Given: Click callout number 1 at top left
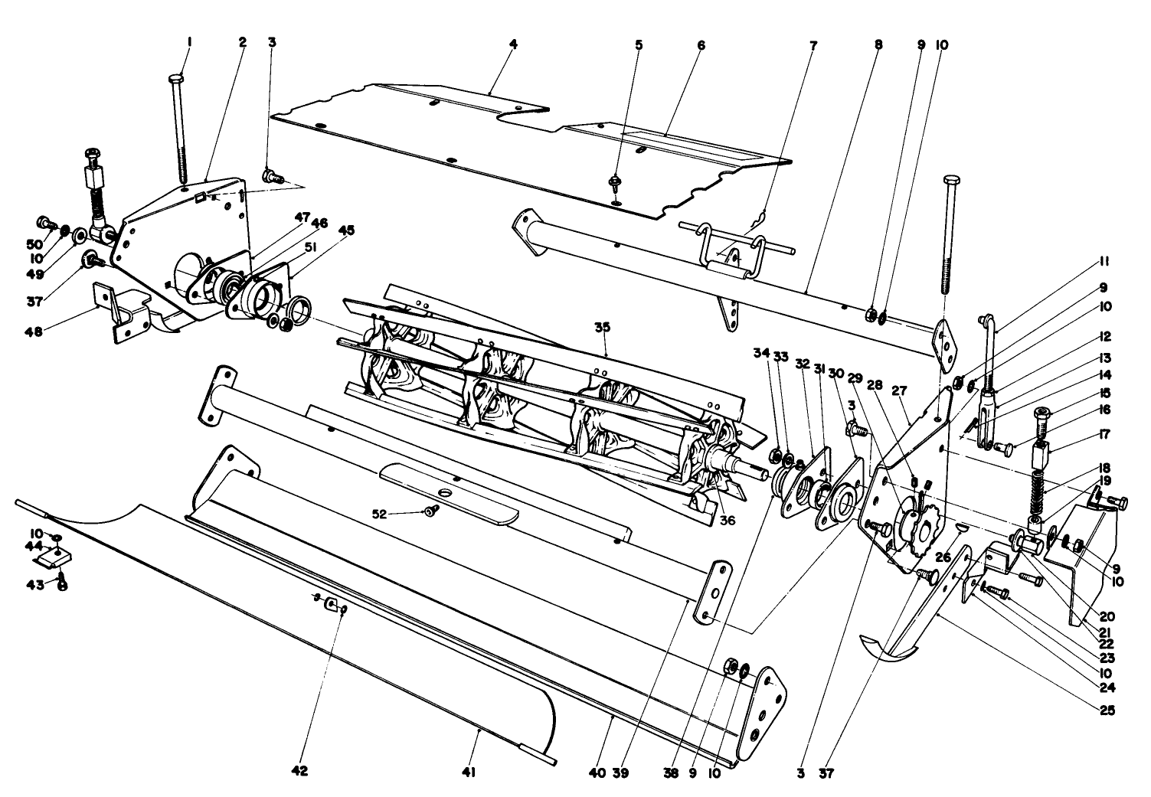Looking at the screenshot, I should click(x=189, y=44).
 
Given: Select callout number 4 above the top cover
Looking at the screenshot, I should click(x=513, y=44).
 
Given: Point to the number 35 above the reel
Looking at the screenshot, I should click(x=603, y=328).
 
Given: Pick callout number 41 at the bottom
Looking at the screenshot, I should click(x=469, y=774).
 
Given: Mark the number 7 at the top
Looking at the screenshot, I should click(x=813, y=45).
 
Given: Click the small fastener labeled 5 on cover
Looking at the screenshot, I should click(x=615, y=183).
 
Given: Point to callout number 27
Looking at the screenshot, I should click(x=899, y=390).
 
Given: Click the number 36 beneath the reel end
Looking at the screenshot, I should click(x=727, y=519).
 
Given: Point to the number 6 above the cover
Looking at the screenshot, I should click(x=700, y=44).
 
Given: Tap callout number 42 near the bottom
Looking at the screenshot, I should click(x=299, y=773).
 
